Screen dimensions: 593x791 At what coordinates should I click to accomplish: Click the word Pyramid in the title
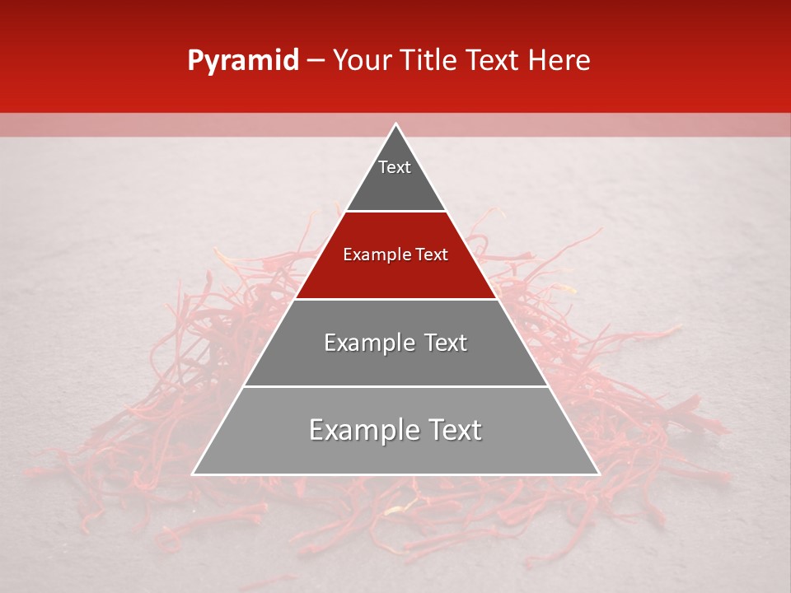click(242, 61)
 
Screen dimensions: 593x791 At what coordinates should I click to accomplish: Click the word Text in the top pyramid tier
click(395, 167)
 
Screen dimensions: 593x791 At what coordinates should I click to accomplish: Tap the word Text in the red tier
click(431, 255)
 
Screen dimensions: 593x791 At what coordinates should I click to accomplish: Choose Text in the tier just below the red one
click(446, 343)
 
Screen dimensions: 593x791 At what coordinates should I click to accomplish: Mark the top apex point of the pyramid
click(395, 124)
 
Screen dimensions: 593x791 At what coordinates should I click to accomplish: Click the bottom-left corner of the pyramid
click(194, 474)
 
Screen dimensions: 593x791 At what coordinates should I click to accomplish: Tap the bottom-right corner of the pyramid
click(598, 474)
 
